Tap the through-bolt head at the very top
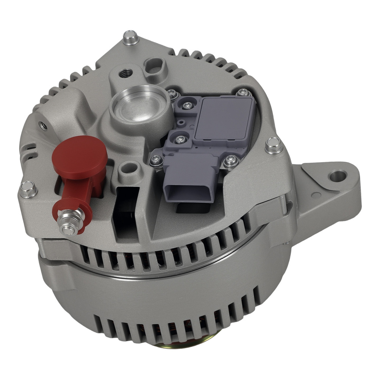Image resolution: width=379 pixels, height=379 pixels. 130,37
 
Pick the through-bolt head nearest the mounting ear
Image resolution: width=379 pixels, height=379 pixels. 273,146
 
